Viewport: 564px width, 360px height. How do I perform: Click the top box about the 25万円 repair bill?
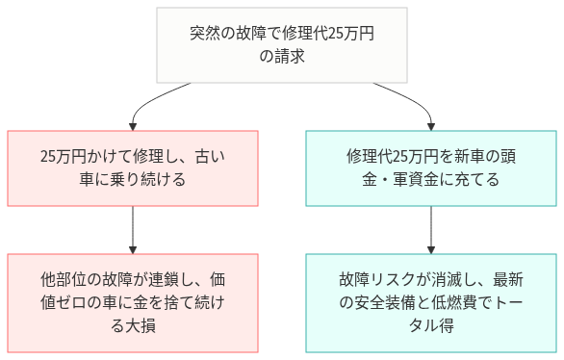(x=282, y=45)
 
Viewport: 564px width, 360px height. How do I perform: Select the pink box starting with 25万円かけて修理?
(x=133, y=167)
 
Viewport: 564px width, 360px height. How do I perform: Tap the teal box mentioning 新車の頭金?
(x=430, y=167)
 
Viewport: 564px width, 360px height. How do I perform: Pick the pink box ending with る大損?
(x=133, y=303)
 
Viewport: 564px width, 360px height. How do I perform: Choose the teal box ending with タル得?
(x=430, y=303)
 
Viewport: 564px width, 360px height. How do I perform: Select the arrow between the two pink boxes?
(x=133, y=229)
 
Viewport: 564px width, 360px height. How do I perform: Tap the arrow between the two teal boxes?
(x=430, y=229)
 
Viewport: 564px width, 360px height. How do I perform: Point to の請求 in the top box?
(x=282, y=57)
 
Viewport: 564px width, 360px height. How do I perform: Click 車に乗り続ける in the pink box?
(x=133, y=179)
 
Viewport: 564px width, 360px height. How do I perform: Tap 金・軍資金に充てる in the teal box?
(x=430, y=179)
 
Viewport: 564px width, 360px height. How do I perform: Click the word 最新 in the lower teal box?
(x=506, y=280)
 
